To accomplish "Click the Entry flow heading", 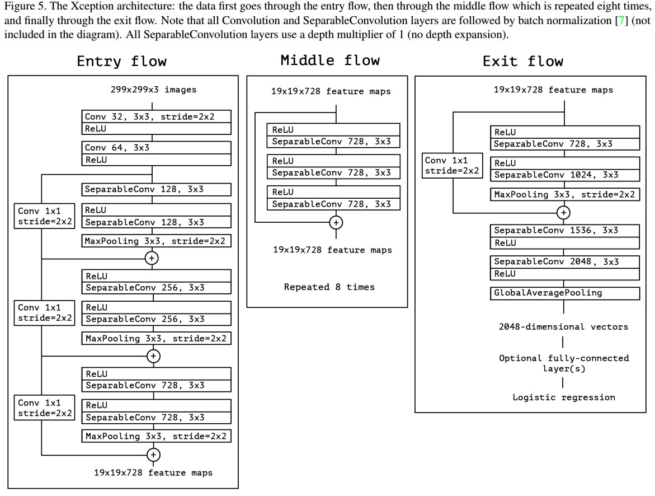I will point(121,61).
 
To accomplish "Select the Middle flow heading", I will point(329,60).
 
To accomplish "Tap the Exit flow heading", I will point(522,61).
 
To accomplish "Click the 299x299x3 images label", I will point(153,89).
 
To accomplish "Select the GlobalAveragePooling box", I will point(564,293).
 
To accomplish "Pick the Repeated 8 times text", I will point(329,287).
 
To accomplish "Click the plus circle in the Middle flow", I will point(336,222).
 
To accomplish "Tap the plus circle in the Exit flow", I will point(563,213).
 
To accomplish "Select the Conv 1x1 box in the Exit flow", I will point(451,166).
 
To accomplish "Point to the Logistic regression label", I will point(563,397).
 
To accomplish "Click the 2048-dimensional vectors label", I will point(563,327).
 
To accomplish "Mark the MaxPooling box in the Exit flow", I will point(564,195).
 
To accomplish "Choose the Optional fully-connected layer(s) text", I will point(563,363).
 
